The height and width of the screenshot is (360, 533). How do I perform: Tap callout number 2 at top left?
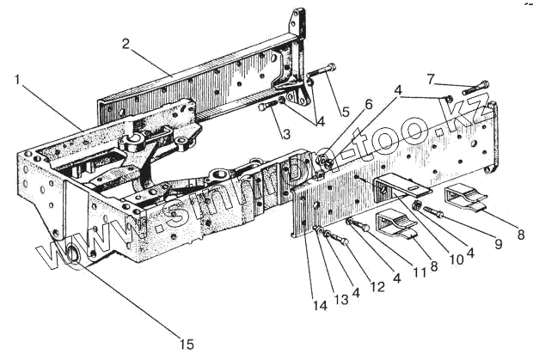[126, 44]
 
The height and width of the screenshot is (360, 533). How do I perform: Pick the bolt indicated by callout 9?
[433, 210]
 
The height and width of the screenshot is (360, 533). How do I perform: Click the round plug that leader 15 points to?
[72, 254]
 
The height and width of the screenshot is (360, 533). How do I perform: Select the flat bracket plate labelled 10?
[400, 183]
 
